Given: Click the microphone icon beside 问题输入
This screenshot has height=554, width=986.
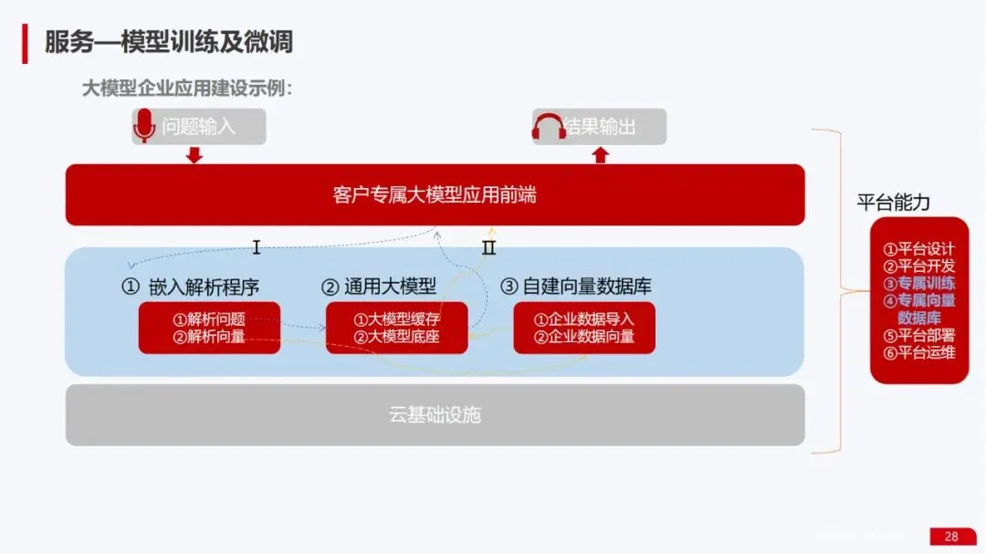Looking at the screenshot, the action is click(144, 126).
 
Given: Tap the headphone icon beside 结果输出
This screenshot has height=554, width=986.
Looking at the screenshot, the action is click(550, 127).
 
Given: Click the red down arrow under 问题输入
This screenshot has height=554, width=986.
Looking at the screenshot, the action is click(194, 155).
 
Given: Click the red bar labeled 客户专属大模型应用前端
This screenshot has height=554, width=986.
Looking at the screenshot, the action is click(435, 194).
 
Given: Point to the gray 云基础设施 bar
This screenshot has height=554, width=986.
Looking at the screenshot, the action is click(435, 415).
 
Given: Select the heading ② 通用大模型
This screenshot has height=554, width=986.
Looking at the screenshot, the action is click(379, 287).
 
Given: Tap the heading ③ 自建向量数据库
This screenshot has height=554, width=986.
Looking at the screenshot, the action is click(576, 287).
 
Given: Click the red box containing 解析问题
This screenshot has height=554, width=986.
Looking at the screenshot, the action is click(209, 328).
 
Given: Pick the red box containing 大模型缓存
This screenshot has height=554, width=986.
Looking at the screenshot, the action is click(396, 328).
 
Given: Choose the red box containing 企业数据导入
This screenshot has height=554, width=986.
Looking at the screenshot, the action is click(583, 328).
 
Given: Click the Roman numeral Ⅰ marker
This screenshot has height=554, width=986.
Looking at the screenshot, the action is click(257, 247).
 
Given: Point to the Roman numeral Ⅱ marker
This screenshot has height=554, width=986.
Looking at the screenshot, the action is click(489, 247).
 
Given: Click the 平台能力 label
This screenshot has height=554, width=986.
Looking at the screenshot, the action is click(893, 203).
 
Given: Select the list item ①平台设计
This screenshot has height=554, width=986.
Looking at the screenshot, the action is click(918, 249).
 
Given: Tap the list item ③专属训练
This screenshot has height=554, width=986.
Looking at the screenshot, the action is click(918, 283).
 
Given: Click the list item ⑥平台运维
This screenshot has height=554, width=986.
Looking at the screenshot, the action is click(918, 351).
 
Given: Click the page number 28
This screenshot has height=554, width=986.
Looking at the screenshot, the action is click(951, 537).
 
